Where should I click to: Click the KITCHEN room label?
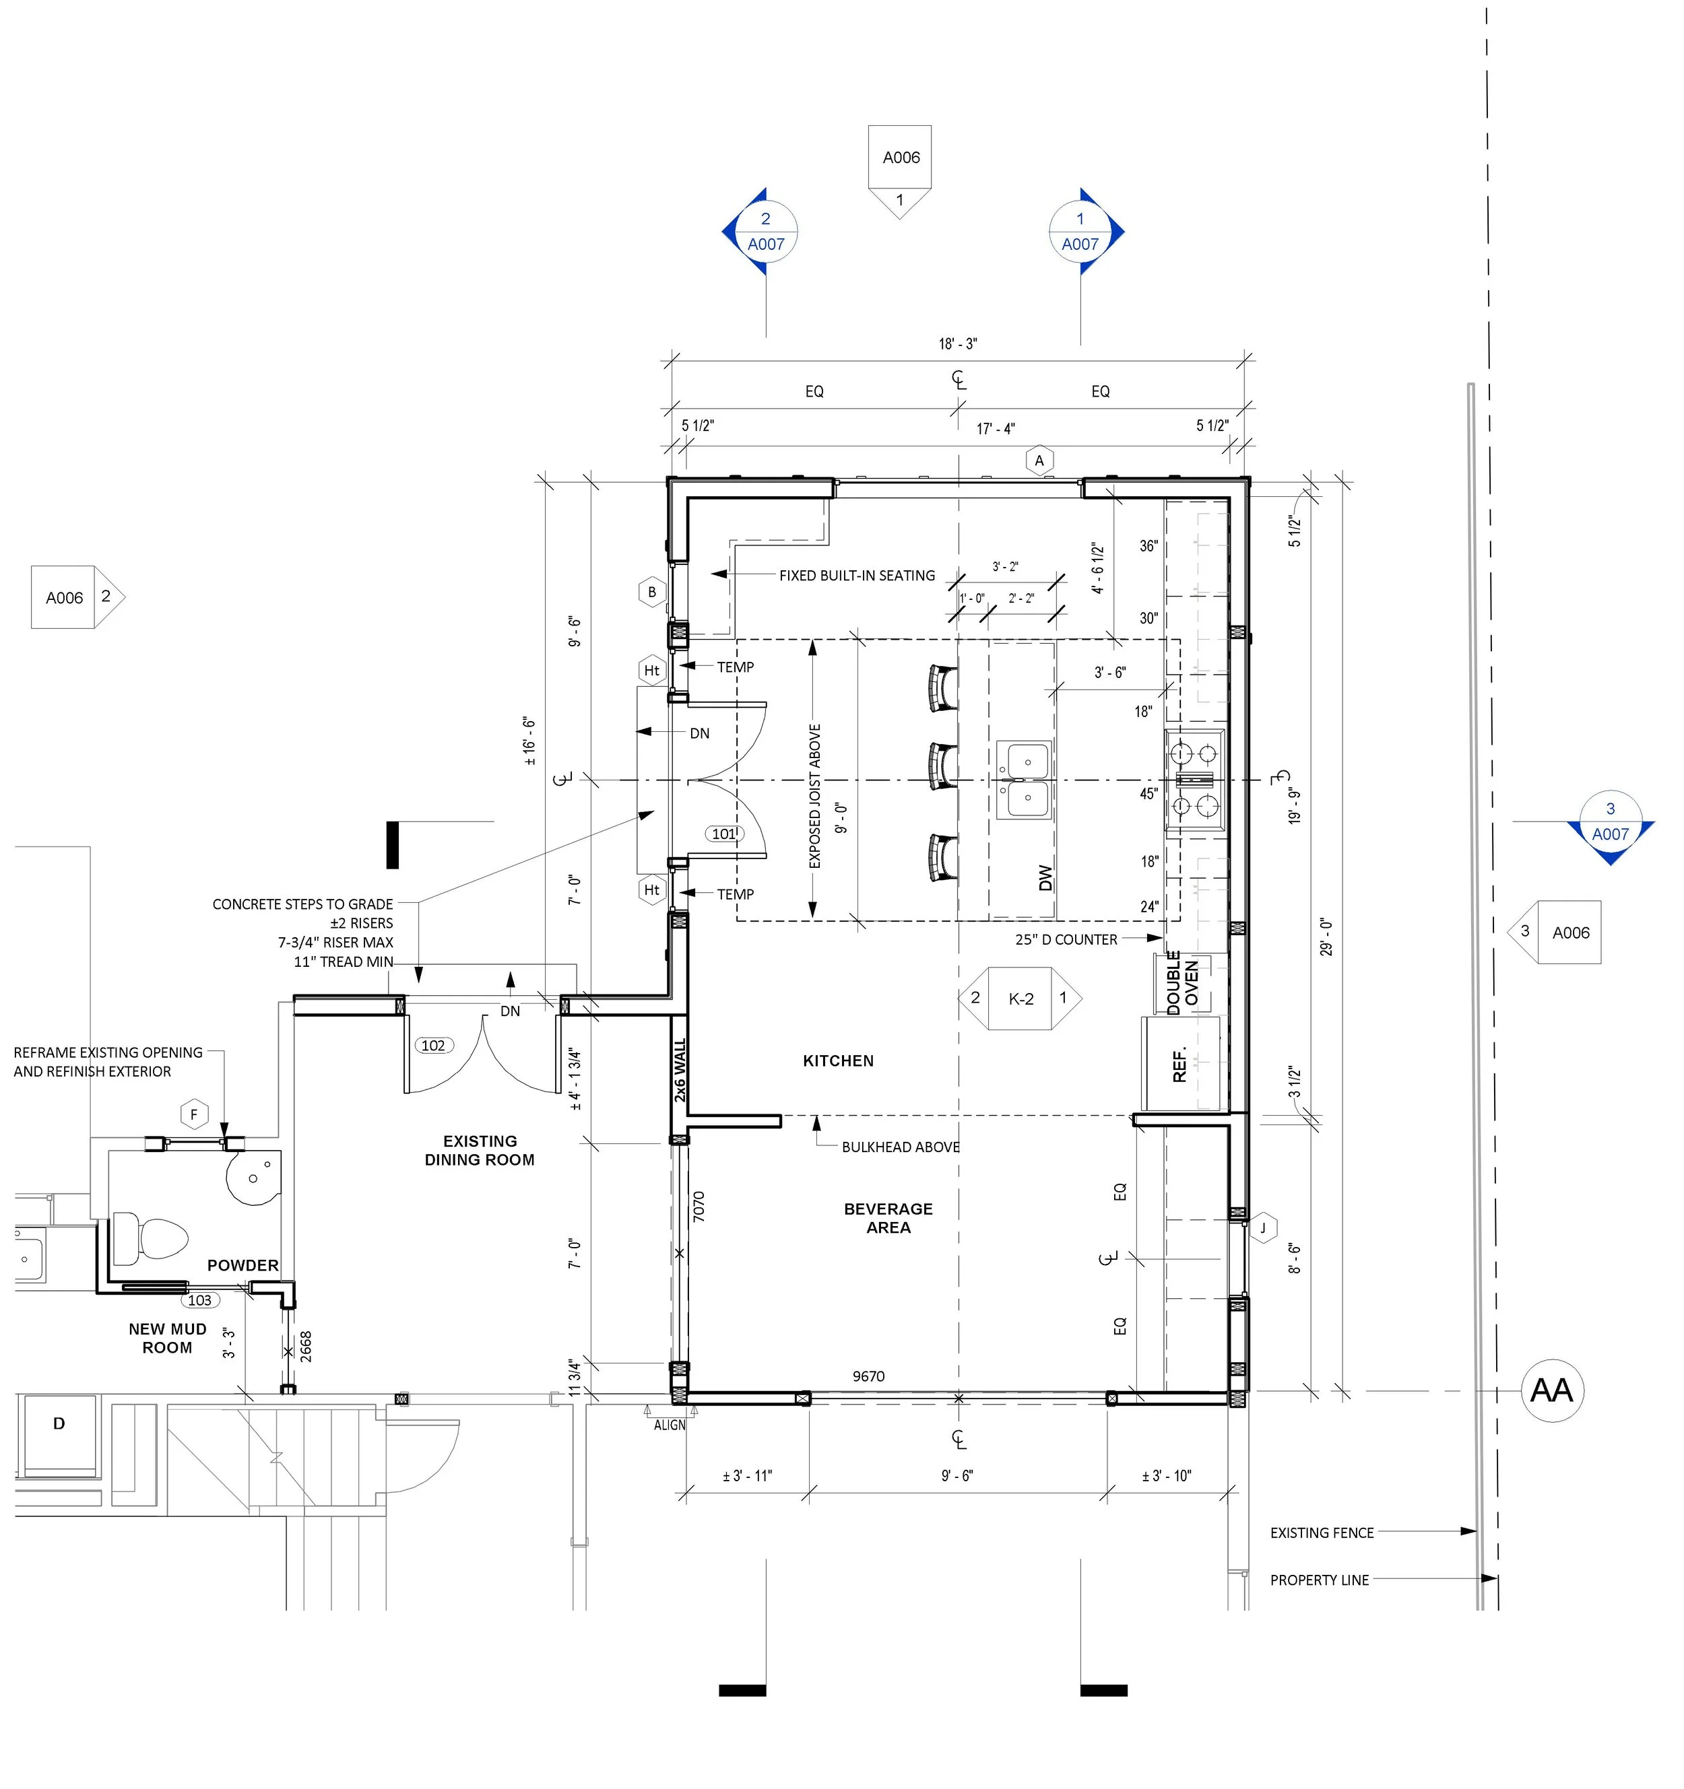pos(838,1061)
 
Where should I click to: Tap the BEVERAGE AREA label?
pos(888,1217)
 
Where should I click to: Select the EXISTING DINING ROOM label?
pos(480,1150)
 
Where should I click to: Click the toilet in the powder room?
pos(150,1238)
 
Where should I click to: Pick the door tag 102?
pos(433,1045)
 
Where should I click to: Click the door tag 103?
pos(200,1299)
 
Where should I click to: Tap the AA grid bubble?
pos(1552,1390)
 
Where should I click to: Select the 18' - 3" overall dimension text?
pos(958,344)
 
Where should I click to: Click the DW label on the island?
pos(1045,877)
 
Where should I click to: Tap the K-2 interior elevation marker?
pos(1021,998)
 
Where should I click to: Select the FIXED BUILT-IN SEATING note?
pos(857,575)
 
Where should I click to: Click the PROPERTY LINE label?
pos(1320,1580)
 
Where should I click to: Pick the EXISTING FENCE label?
pos(1322,1532)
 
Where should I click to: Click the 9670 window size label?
pos(868,1376)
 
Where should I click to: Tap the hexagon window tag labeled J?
pos(1263,1227)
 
